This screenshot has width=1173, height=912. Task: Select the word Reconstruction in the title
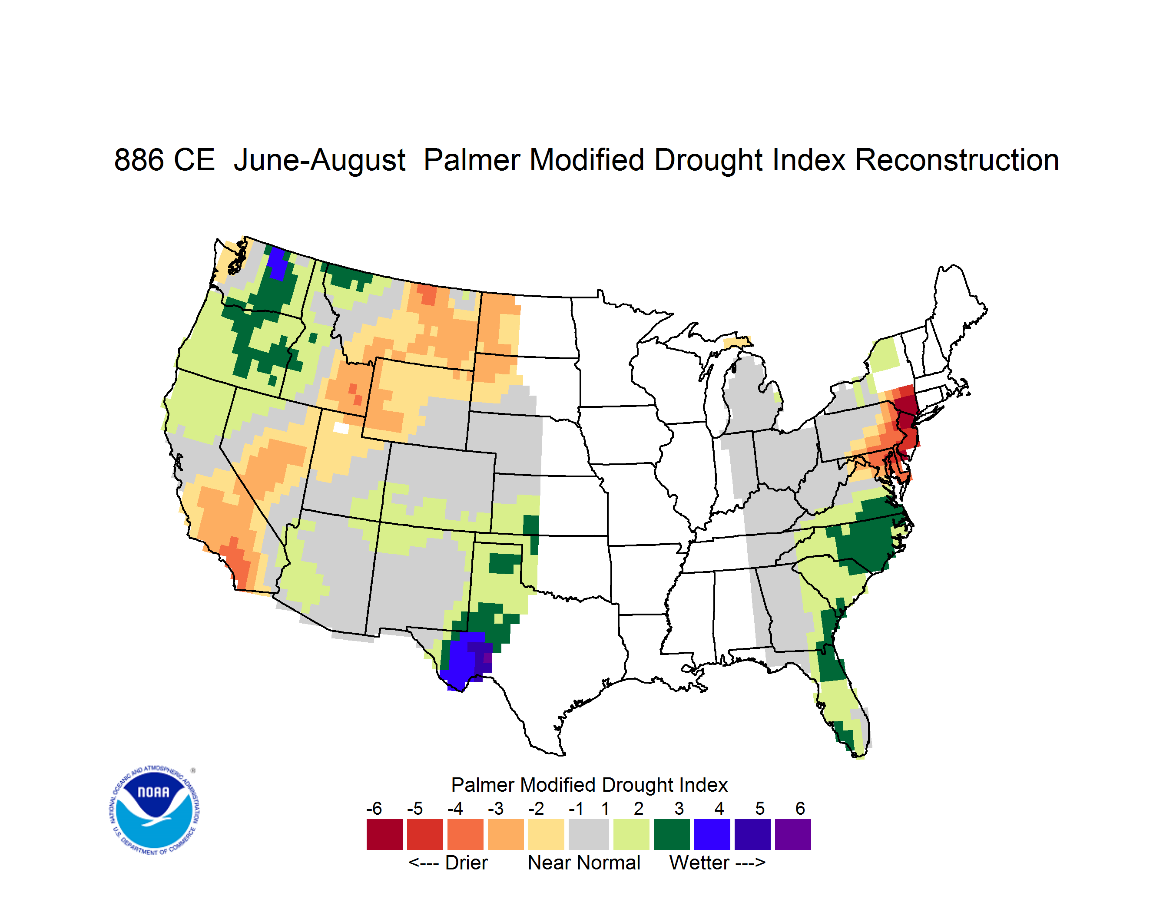click(x=957, y=160)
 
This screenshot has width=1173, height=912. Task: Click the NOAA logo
click(x=154, y=810)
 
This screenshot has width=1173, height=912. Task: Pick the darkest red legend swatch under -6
click(x=384, y=834)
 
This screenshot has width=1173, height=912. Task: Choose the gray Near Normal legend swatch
click(x=589, y=834)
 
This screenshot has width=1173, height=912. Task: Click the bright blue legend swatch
click(x=712, y=834)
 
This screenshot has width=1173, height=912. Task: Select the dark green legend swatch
click(x=671, y=834)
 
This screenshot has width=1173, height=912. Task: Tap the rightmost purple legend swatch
click(x=793, y=834)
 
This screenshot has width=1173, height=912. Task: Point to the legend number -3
click(x=496, y=808)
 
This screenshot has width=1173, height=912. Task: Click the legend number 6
click(x=800, y=808)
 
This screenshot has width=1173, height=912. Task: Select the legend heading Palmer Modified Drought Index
click(x=589, y=785)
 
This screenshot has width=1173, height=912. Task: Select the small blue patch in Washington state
click(x=278, y=264)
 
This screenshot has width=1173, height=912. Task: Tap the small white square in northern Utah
click(x=341, y=428)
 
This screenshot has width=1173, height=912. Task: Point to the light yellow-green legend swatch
click(x=631, y=834)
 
